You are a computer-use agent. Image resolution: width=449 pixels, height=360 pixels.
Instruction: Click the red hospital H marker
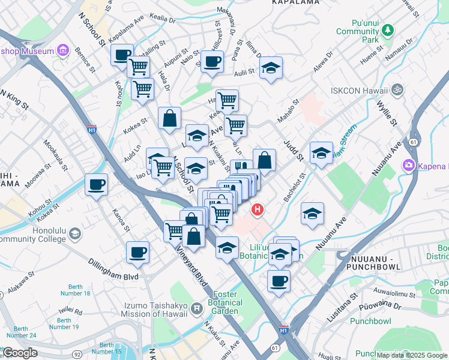(x=258, y=209)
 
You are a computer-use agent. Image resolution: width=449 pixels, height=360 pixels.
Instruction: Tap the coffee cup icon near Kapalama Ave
(x=122, y=56)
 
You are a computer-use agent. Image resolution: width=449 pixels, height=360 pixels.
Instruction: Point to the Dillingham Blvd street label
(x=113, y=277)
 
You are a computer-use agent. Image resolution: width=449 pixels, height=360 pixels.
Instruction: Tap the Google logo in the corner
(x=20, y=353)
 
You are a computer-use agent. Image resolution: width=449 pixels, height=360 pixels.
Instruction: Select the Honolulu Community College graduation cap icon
(x=75, y=233)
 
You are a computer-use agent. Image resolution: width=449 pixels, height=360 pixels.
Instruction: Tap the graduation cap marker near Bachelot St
(x=312, y=214)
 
